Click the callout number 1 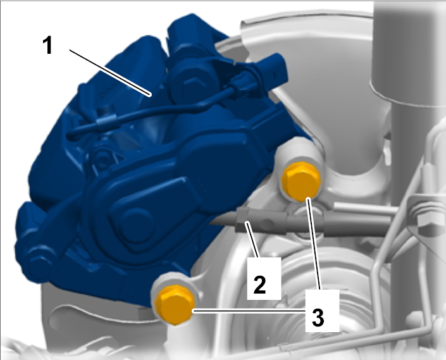[48, 46]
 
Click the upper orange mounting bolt [300, 181]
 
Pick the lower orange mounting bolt [175, 304]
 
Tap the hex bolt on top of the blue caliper [191, 84]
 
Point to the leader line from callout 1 [110, 73]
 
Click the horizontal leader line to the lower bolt [250, 311]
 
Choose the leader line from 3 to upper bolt [314, 244]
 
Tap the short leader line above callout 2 [252, 240]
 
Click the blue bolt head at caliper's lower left [37, 259]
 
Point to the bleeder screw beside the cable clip [102, 159]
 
